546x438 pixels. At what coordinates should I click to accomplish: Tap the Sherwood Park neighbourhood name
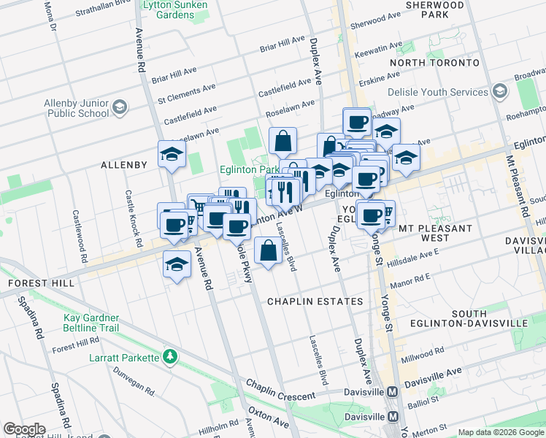437,9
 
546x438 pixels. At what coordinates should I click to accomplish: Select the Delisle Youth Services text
438,93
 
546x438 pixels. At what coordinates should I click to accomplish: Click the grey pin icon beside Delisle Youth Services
500,91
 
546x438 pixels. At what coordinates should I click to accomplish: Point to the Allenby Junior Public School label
77,109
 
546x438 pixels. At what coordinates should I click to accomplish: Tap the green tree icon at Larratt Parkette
170,357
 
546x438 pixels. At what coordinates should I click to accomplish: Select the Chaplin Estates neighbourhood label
315,301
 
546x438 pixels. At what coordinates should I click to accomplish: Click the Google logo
24,429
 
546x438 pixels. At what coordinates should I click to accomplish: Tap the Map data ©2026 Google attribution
501,432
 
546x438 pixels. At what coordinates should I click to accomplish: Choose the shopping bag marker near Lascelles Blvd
269,252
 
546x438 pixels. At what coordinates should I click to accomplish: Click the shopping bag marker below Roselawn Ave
282,139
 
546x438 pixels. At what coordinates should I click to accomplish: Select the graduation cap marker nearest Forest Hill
176,266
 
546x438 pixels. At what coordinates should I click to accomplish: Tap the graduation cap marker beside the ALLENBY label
172,154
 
